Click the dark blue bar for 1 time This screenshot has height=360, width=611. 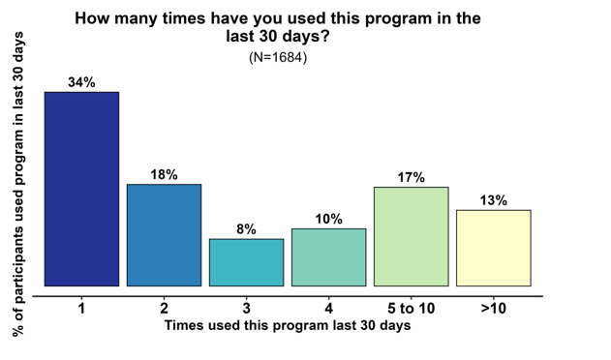click(x=82, y=189)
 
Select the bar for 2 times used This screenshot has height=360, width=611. click(x=164, y=235)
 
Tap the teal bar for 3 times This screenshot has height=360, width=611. click(x=246, y=262)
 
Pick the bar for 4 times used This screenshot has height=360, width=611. click(x=328, y=257)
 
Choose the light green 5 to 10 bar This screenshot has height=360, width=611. click(x=411, y=236)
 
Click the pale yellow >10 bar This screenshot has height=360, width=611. click(x=493, y=248)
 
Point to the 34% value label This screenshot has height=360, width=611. click(x=82, y=82)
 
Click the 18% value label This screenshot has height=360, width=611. click(x=164, y=174)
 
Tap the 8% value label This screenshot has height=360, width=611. click(x=246, y=229)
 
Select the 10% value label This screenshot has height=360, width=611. click(x=328, y=219)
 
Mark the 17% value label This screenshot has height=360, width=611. click(x=411, y=177)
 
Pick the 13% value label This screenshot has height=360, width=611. click(x=493, y=200)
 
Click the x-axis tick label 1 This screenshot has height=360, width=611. click(x=82, y=309)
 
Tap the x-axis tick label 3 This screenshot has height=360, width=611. click(x=246, y=309)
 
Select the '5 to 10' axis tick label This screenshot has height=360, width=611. click(x=411, y=309)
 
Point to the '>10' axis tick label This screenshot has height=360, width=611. click(x=493, y=309)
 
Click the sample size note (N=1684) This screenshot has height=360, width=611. click(x=278, y=57)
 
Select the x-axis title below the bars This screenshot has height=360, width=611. click(x=288, y=326)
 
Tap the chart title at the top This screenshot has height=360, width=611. click(x=278, y=26)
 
